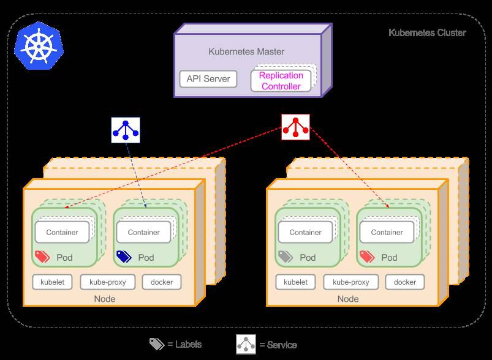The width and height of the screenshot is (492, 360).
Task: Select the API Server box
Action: (208, 79)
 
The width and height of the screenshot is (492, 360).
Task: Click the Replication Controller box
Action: (281, 81)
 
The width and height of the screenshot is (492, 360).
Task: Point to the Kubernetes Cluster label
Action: (427, 32)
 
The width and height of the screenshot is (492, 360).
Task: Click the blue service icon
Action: (126, 129)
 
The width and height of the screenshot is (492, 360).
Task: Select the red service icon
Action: (295, 127)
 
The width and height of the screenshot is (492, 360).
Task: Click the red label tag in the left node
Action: (42, 257)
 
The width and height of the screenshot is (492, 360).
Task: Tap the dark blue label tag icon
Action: (123, 257)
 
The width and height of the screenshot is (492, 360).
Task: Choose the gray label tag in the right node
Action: (285, 257)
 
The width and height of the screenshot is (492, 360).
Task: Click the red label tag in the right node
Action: (366, 257)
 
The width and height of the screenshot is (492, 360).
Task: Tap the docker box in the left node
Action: (162, 282)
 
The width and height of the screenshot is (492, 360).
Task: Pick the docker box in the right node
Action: (405, 282)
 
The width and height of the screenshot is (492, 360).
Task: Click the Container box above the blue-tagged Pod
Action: (143, 232)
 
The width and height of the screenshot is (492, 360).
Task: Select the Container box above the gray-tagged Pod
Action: (305, 232)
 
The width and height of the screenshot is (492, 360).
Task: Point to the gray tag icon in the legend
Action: (157, 344)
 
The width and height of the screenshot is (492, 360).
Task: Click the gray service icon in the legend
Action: (246, 344)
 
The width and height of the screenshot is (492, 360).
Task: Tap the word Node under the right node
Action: (348, 299)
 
